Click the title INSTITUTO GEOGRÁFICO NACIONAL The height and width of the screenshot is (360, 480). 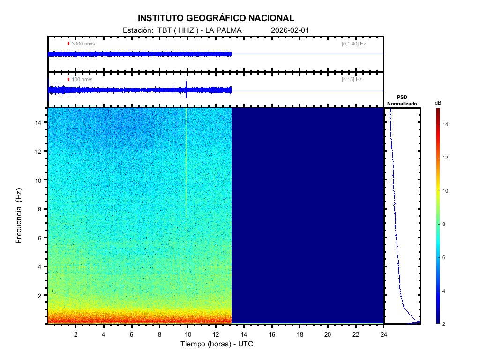[x=216, y=18]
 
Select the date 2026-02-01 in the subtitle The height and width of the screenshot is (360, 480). [x=290, y=30]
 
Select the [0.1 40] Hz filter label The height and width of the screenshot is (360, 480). [x=353, y=44]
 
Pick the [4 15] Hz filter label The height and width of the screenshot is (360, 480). [x=352, y=80]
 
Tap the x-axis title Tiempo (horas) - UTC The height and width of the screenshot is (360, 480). [x=217, y=344]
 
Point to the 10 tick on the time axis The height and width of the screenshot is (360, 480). [x=187, y=334]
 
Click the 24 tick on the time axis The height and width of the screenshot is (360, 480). [x=384, y=334]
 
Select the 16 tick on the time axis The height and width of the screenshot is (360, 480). [x=272, y=334]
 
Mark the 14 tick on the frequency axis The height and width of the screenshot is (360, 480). [x=39, y=122]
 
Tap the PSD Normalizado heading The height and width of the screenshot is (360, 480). [x=402, y=100]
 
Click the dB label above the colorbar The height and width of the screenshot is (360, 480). [x=438, y=102]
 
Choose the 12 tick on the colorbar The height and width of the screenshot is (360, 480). [x=447, y=157]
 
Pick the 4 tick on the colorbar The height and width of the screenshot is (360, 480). [x=446, y=291]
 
